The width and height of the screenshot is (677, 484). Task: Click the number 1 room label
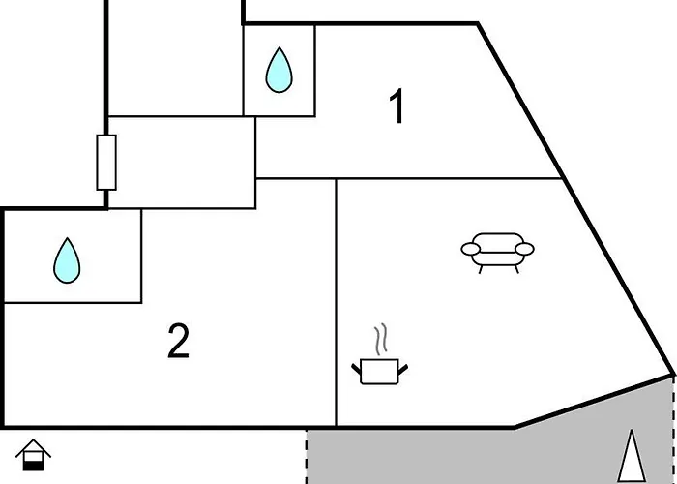[397, 106]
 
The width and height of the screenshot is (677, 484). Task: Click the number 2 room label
[178, 342]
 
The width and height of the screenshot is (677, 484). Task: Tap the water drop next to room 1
[279, 70]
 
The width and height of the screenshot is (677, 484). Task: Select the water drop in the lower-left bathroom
[67, 260]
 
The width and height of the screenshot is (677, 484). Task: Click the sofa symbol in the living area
[497, 253]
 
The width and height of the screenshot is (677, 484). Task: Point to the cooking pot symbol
[379, 372]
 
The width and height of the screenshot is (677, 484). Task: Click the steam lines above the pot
[380, 340]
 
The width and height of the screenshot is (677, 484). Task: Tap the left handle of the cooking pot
[356, 369]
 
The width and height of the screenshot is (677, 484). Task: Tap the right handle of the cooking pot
[403, 370]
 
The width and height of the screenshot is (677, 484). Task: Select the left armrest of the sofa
[471, 249]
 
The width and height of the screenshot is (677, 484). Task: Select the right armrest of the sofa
[524, 249]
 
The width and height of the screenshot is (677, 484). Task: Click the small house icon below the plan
[33, 455]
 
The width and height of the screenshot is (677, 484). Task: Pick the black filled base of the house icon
[33, 467]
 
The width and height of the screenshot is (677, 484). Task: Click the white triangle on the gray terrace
[632, 456]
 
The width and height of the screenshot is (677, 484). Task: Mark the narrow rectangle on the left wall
[106, 163]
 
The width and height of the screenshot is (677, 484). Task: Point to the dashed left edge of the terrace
[307, 457]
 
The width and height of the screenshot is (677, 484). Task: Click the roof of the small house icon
[33, 446]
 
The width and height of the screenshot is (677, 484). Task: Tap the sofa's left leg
[481, 269]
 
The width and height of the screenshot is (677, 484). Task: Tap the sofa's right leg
[515, 269]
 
